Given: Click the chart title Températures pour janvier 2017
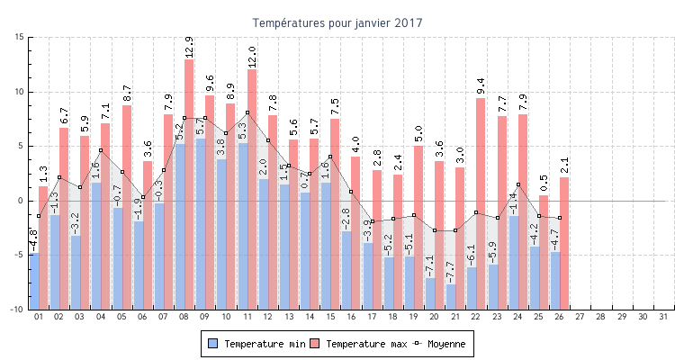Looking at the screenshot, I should (337, 22).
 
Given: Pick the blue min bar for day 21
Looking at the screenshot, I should (450, 297).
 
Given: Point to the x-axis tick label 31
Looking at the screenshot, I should (663, 317).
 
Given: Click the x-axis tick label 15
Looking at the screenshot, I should (329, 317).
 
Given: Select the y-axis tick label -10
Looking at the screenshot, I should (16, 310).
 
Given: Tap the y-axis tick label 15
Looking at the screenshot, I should (18, 37).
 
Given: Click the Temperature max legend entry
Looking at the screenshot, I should (356, 344).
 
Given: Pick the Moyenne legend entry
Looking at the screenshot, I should (441, 344).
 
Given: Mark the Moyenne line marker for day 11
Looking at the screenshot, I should (247, 112).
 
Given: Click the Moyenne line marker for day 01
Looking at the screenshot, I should (39, 216).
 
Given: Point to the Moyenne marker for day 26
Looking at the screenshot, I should (559, 218).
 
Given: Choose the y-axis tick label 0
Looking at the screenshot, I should (20, 201).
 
